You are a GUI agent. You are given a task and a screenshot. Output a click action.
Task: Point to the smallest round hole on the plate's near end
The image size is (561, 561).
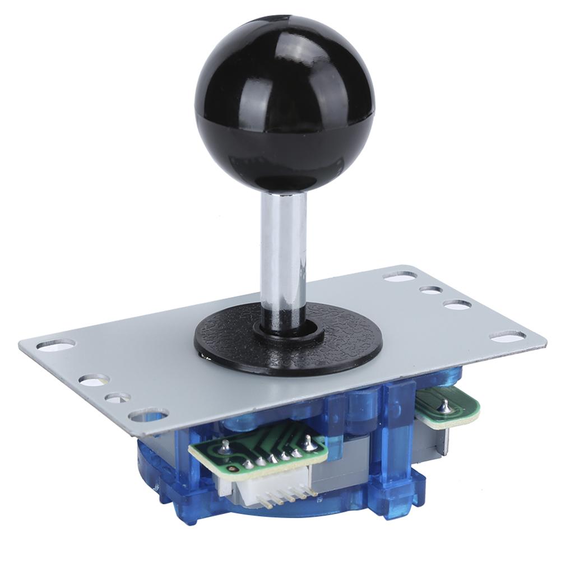click(117, 397)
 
